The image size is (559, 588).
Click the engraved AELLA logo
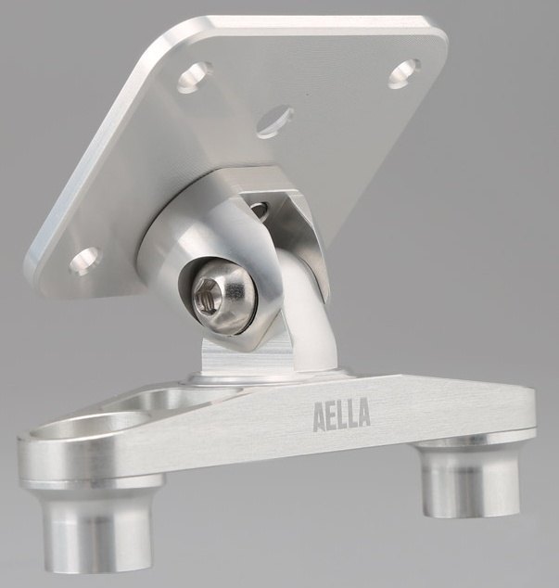(341, 414)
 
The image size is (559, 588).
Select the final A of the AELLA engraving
(363, 413)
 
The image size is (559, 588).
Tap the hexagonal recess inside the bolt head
(206, 296)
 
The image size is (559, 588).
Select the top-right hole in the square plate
(404, 73)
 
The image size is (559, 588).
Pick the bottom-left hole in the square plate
(85, 261)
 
